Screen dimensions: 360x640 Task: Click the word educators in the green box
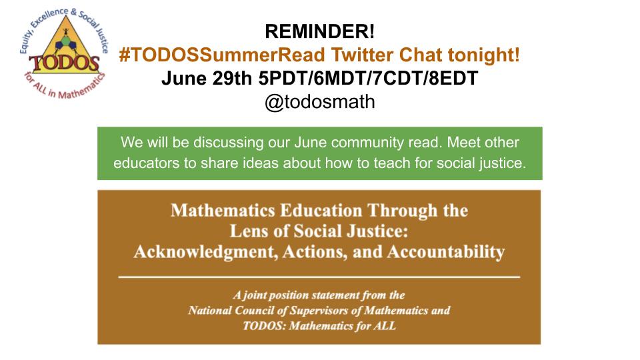pyautogui.click(x=143, y=163)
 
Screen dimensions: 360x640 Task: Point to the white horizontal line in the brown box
pyautogui.click(x=319, y=275)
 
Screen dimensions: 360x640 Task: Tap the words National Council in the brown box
pyautogui.click(x=227, y=311)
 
